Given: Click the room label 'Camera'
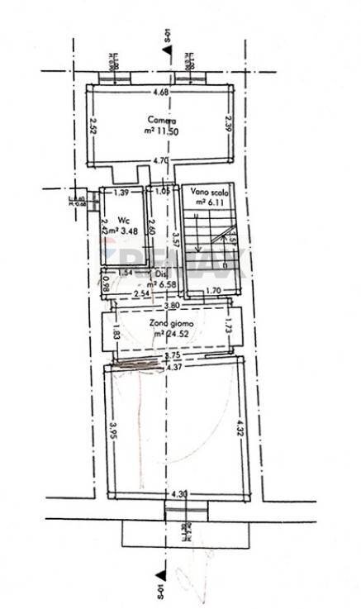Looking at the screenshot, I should coord(161,120).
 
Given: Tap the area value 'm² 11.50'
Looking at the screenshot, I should coord(161,131).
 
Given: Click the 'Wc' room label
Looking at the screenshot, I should coord(122,221).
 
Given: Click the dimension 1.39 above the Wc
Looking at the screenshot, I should coord(121,193).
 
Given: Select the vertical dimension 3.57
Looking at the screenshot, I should coord(175,240).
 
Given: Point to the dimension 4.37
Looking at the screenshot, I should coord(173,367).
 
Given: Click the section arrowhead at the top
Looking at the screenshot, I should coord(169,51).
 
